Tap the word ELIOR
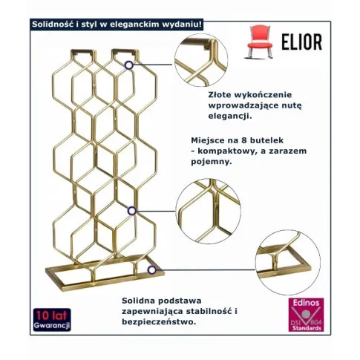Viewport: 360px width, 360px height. click(302, 42)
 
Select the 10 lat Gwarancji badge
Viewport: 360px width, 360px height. click(52, 319)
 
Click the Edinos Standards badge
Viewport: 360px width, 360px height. click(306, 315)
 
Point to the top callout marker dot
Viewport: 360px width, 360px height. click(129, 65)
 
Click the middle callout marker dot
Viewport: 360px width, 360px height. click(132, 211)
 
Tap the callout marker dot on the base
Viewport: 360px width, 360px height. click(151, 270)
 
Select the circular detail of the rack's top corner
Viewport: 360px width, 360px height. click(201, 60)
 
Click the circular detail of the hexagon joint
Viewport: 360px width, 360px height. click(209, 211)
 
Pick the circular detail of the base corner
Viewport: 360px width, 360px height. click(288, 262)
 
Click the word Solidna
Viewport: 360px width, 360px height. click(136, 301)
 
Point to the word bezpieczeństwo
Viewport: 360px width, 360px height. click(159, 322)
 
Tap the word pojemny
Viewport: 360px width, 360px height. click(212, 162)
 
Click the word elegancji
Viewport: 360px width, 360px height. click(230, 116)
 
